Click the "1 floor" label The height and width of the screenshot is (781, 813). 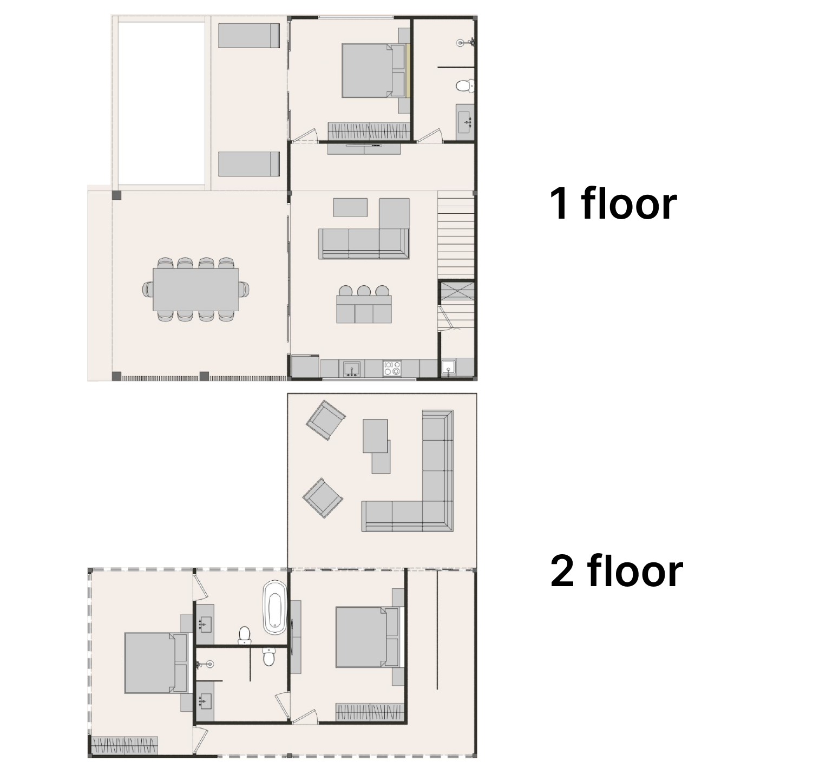click(613, 204)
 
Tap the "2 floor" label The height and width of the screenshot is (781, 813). click(617, 571)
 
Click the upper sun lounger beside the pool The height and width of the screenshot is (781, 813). click(249, 35)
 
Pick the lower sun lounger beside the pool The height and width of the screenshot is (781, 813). click(249, 164)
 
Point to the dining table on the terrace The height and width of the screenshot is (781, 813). click(195, 290)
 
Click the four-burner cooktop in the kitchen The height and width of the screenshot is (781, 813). click(392, 369)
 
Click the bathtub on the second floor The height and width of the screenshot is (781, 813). click(274, 607)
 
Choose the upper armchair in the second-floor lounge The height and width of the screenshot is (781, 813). click(325, 420)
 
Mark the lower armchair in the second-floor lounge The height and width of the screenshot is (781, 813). click(323, 498)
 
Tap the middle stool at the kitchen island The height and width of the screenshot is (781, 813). click(364, 291)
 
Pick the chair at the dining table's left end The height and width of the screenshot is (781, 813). click(148, 290)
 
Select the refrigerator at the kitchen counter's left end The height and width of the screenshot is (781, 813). click(305, 366)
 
